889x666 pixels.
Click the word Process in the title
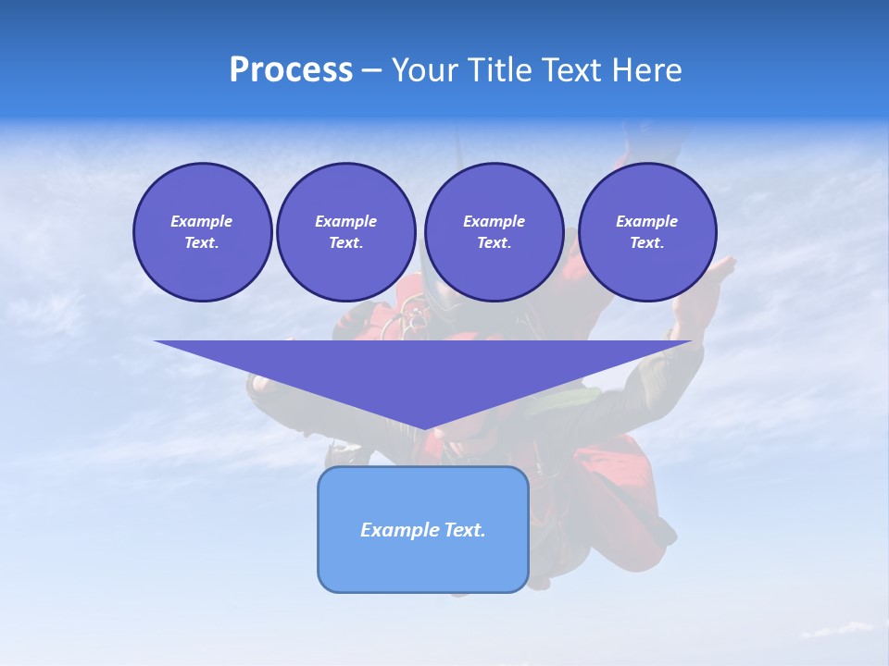tap(291, 70)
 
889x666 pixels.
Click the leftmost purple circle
tap(202, 232)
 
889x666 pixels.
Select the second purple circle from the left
tap(346, 232)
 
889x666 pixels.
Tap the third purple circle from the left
tap(494, 232)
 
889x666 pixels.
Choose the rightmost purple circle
tap(647, 232)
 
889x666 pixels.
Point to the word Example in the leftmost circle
tap(202, 221)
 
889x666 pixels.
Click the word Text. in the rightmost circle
tap(647, 243)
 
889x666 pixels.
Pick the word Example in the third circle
tap(494, 221)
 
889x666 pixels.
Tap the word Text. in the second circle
tap(346, 243)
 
